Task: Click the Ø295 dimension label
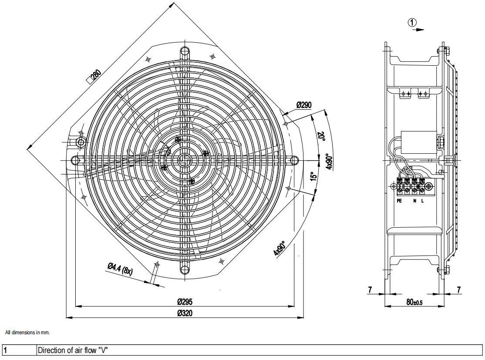185,301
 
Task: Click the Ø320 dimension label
185,313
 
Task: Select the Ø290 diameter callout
303,105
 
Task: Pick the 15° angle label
313,176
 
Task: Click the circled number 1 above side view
412,22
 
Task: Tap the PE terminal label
399,201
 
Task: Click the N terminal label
415,201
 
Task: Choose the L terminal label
422,201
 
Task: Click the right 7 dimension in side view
459,289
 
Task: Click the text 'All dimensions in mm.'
27,333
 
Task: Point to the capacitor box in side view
418,142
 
